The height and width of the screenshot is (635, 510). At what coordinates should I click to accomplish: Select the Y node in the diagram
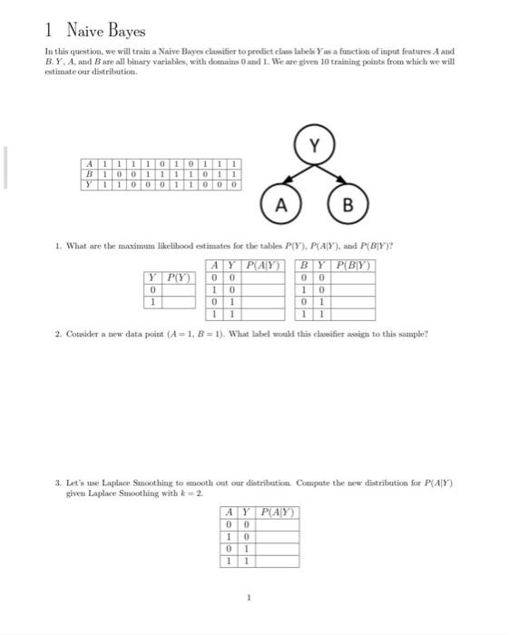315,145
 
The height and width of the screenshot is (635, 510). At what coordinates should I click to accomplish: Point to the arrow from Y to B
332,175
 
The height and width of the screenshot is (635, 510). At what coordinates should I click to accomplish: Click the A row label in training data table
89,164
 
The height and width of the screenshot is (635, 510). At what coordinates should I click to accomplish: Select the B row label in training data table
89,173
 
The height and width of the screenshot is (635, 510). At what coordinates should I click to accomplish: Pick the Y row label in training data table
89,182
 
